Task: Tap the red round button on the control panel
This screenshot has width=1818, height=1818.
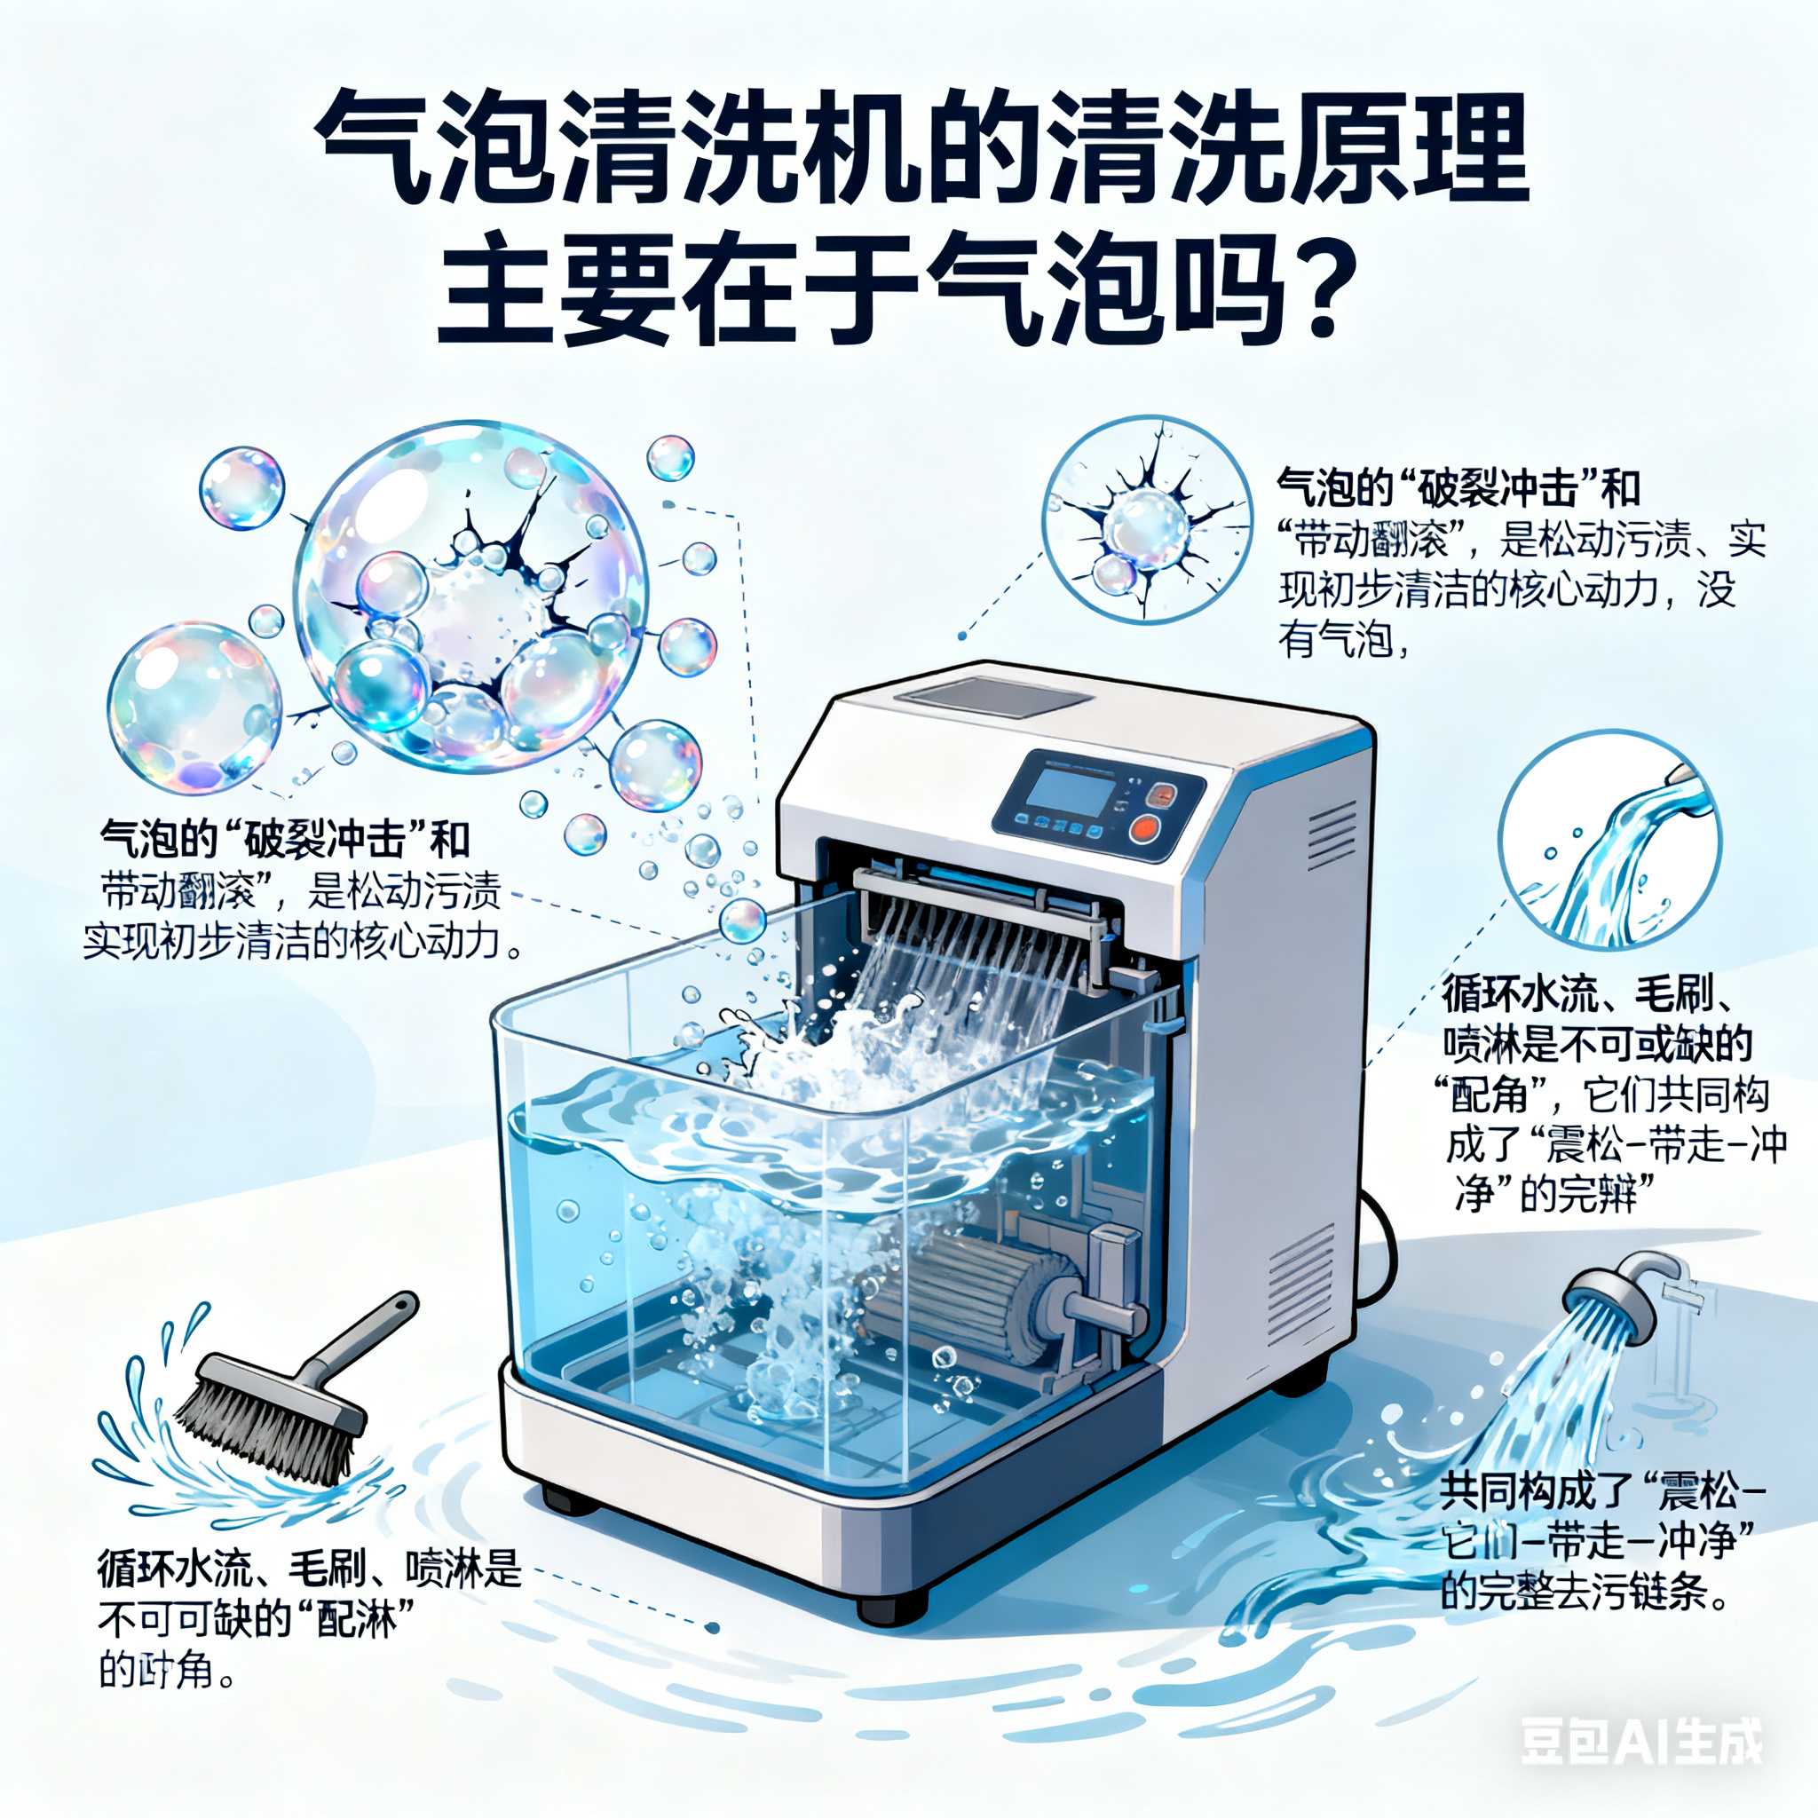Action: (1144, 829)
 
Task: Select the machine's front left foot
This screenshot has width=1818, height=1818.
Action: (570, 1499)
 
